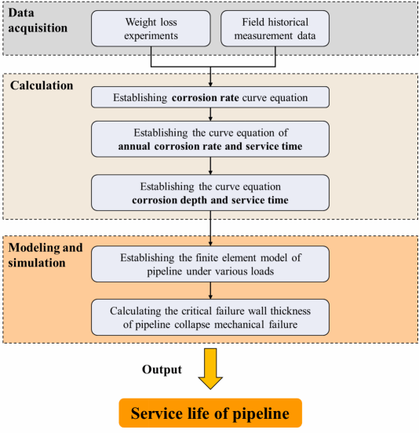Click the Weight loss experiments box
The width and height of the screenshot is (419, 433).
tap(151, 29)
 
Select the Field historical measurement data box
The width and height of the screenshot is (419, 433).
tap(275, 29)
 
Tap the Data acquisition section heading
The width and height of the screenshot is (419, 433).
tap(38, 20)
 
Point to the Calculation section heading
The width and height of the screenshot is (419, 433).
tap(42, 86)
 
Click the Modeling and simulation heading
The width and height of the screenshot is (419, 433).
tap(46, 255)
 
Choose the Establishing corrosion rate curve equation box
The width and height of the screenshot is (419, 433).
tap(210, 97)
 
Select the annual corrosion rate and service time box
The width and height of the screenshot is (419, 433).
tap(210, 139)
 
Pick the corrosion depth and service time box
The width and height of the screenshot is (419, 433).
tap(210, 193)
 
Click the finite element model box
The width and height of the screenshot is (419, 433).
tap(210, 264)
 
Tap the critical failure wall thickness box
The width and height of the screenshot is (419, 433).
tap(210, 317)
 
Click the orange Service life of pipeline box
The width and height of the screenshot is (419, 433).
tap(210, 413)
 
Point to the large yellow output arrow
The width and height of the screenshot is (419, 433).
tap(210, 369)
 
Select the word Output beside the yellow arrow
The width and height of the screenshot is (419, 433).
tap(162, 369)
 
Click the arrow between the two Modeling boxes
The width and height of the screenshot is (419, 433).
tap(210, 290)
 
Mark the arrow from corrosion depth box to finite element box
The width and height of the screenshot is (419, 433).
tap(210, 228)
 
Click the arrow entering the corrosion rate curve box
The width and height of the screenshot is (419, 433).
tap(210, 77)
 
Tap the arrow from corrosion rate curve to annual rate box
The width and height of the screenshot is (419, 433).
tap(210, 115)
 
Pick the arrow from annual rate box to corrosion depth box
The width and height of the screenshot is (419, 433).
tap(210, 166)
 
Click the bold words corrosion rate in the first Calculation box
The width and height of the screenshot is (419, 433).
tap(206, 97)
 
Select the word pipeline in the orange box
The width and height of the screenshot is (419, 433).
tap(261, 413)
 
